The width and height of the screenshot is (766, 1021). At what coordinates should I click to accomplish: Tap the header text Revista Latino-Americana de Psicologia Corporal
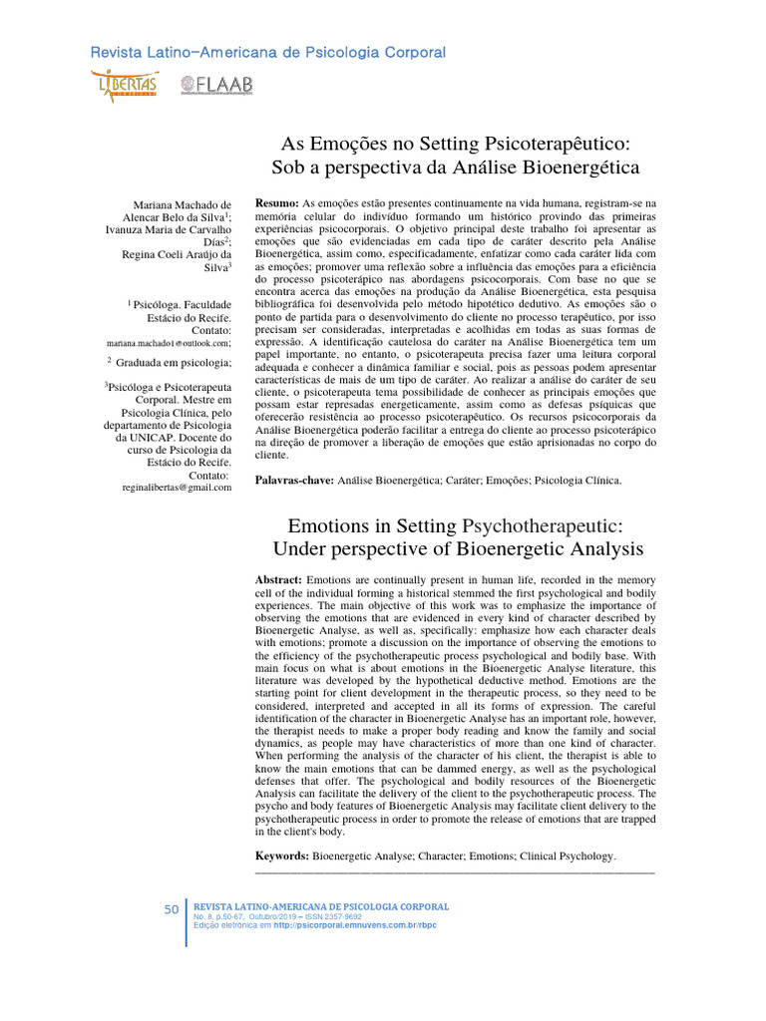click(267, 52)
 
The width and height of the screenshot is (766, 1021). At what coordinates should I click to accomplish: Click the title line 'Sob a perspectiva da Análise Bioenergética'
click(455, 169)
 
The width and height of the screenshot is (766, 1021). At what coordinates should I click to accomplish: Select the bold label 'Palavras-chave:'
click(296, 481)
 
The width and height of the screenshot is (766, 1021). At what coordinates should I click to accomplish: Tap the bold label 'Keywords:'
click(282, 856)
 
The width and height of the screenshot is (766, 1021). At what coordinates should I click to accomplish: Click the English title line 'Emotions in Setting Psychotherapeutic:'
click(455, 524)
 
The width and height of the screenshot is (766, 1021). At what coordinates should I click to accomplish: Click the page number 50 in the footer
click(172, 909)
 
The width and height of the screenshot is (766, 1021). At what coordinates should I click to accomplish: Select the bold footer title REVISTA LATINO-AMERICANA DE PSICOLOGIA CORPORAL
click(320, 906)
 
